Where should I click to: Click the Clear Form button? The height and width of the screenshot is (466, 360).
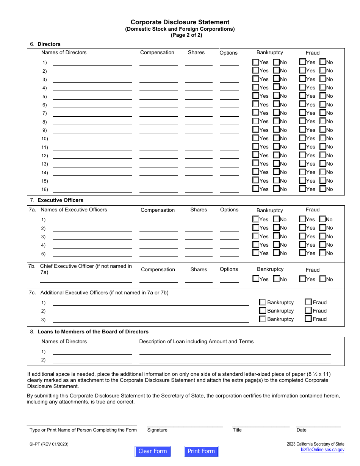153,451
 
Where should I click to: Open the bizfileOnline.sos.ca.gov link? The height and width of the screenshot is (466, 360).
322,450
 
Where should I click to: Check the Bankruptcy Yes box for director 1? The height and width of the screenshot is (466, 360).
256,62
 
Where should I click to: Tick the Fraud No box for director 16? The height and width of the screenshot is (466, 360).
323,189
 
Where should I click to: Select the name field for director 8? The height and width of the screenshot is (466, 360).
92,121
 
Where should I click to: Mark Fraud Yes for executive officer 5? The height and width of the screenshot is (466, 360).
302,253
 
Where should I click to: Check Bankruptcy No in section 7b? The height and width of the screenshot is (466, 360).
277,279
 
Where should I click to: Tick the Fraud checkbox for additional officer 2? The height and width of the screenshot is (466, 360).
308,311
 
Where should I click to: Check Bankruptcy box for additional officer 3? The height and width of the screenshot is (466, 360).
263,319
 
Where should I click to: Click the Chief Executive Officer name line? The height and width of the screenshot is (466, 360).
86,280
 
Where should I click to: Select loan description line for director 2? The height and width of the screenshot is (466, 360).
235,360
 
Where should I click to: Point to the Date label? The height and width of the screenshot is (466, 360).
302,430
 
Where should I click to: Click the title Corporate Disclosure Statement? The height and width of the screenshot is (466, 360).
180,22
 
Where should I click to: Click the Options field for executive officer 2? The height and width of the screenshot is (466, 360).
229,228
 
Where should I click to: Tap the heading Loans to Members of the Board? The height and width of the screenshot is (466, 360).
93,332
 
